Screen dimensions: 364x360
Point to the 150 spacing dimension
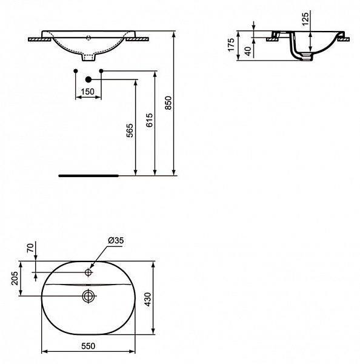88,92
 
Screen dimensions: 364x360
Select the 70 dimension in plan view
30,248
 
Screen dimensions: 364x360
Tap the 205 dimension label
13,278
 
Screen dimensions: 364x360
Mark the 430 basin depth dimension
164,297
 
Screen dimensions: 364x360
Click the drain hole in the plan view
88,296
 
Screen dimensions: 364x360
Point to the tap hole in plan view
88,273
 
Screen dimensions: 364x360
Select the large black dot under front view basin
88,79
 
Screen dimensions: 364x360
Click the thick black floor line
88,175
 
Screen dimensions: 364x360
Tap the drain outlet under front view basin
88,59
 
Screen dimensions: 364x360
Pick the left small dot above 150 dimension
75,72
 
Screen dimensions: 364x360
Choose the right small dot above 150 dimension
101,72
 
